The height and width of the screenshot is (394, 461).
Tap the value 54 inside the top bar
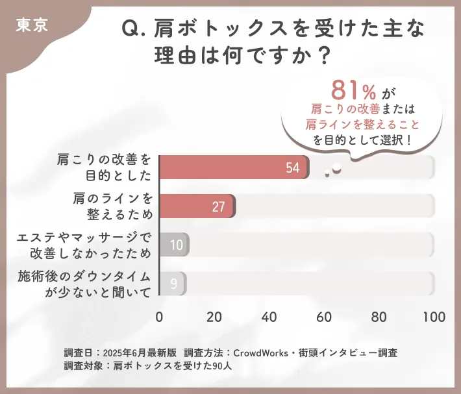(292, 167)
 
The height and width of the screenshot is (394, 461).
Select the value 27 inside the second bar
(218, 207)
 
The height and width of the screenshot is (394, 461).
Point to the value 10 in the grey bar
(176, 245)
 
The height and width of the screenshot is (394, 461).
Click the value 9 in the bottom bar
(173, 284)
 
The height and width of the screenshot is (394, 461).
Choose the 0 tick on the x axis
(159, 317)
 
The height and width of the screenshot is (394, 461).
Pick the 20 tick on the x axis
(214, 317)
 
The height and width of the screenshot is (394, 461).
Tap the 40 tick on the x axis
(269, 317)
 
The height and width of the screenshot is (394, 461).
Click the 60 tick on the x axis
(324, 317)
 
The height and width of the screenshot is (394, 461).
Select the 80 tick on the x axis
(379, 317)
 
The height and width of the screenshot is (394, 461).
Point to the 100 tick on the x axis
(433, 317)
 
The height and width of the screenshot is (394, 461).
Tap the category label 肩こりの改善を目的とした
(104, 167)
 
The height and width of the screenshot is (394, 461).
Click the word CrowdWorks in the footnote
(262, 352)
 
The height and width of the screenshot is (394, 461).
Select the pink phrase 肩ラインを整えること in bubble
(362, 123)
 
